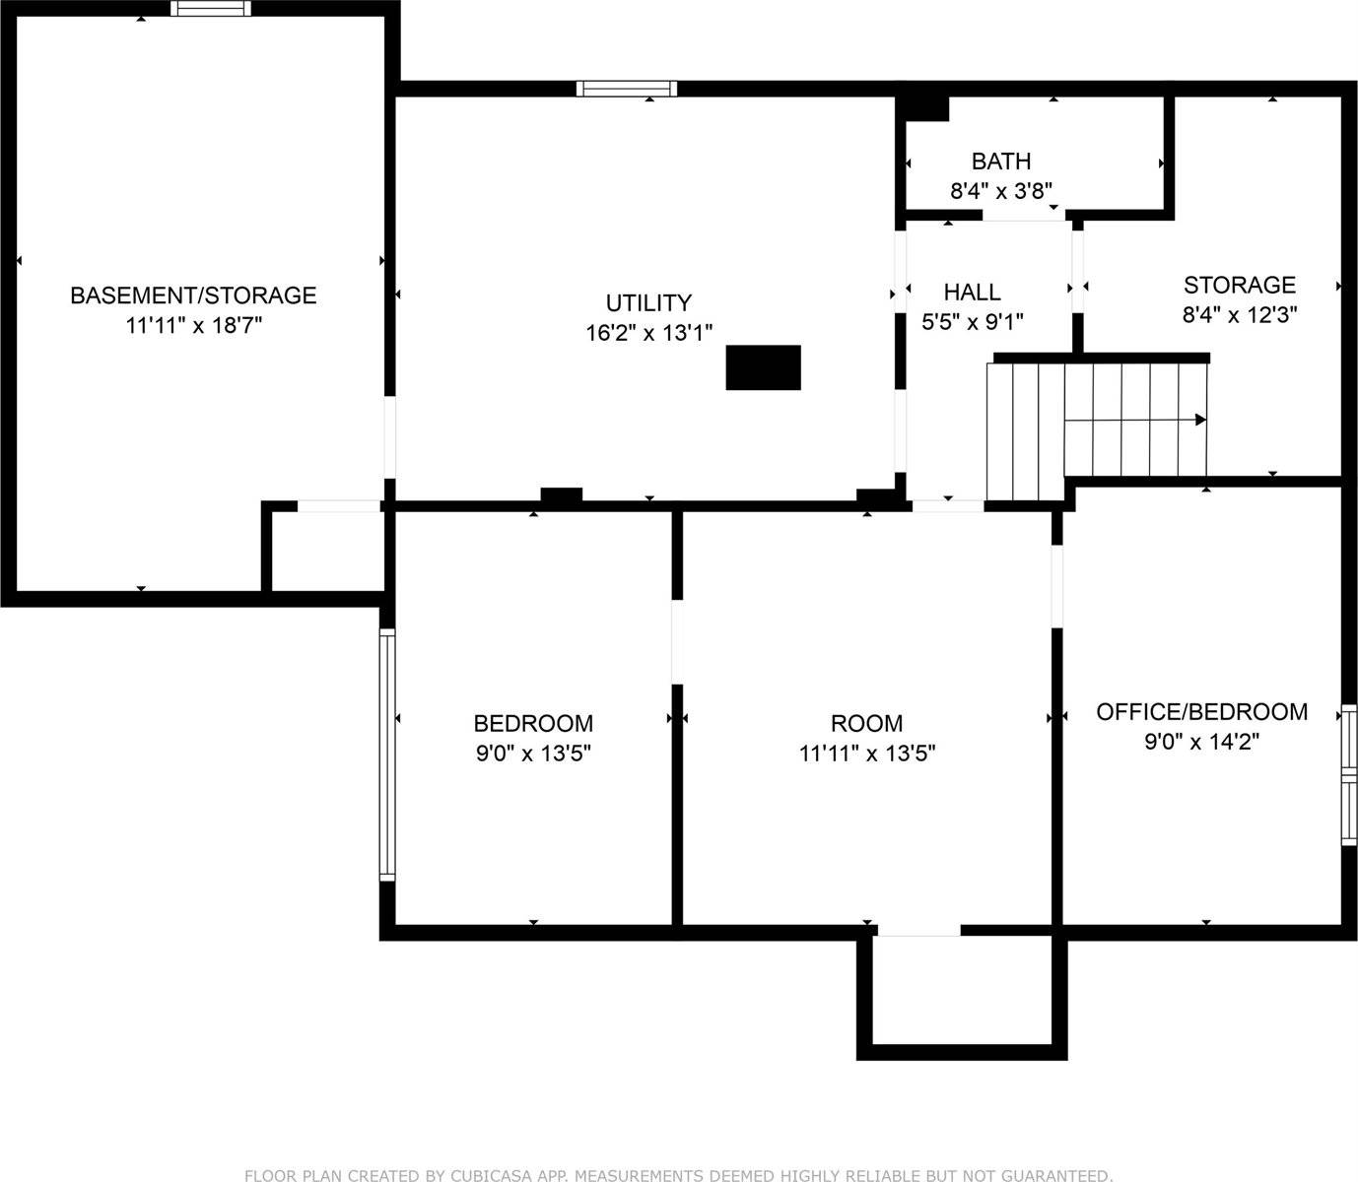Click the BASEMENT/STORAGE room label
[x=193, y=295]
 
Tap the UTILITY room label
[x=648, y=303]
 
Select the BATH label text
[x=1001, y=162]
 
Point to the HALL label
[x=973, y=292]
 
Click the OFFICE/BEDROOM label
[x=1202, y=712]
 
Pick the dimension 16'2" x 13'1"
[x=648, y=332]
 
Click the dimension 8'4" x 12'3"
[x=1239, y=314]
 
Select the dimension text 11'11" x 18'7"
[x=194, y=325]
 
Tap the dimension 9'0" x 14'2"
[x=1201, y=741]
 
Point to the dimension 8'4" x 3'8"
[x=1001, y=191]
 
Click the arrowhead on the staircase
[x=1200, y=420]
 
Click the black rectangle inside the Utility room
[x=764, y=367]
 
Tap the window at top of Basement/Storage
[x=211, y=8]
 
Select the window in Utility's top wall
[x=627, y=89]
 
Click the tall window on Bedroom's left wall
[x=387, y=755]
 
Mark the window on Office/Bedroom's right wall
[x=1349, y=775]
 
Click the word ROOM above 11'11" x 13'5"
[x=867, y=723]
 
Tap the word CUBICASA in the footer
[x=492, y=1175]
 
